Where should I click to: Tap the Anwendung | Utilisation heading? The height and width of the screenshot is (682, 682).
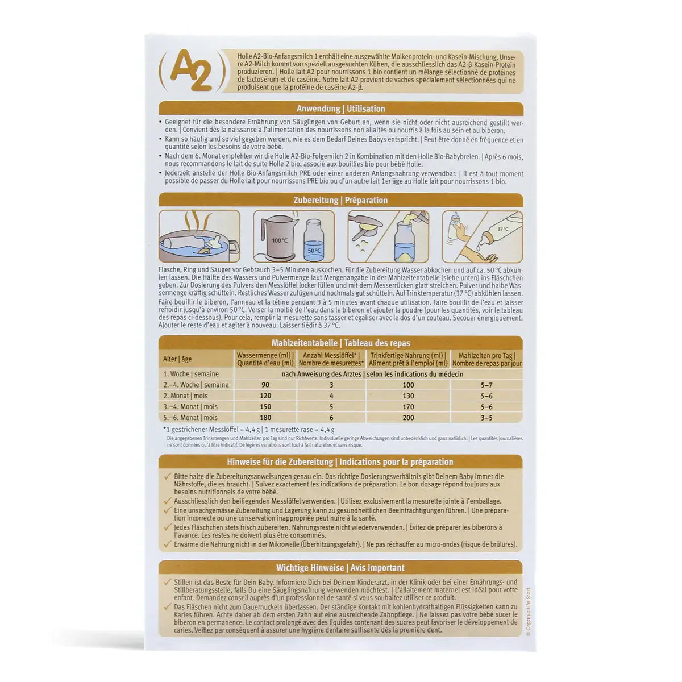point(340,109)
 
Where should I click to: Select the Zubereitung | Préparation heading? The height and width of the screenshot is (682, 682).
point(340,200)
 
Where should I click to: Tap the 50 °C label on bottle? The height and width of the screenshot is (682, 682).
point(314,249)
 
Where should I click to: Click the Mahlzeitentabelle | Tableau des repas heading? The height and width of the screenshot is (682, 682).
point(340,343)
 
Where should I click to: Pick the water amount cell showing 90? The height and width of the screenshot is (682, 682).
point(265,385)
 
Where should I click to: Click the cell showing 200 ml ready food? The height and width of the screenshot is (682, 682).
point(407,418)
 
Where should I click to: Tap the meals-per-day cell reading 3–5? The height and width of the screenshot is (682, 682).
point(486,418)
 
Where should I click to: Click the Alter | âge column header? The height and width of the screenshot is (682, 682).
point(177,359)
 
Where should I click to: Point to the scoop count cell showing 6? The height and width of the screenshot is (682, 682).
point(331,418)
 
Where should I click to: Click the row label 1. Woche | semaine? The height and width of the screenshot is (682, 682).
point(190,374)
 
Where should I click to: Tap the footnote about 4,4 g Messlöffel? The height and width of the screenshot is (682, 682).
point(248,430)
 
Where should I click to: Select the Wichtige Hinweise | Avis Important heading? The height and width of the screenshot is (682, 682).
point(340,568)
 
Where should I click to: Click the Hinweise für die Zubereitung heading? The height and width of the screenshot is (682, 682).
point(340,462)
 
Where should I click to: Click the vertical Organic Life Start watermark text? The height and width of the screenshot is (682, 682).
point(527,614)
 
